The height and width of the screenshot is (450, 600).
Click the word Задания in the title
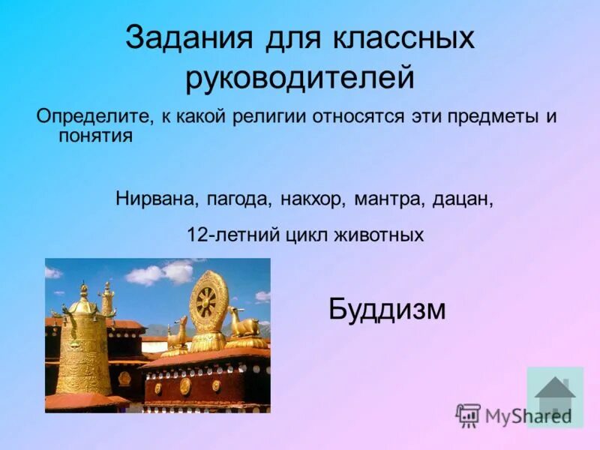(187, 38)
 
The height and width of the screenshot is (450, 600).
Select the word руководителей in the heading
(300, 77)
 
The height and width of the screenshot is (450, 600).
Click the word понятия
(95, 136)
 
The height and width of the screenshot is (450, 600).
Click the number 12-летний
(233, 235)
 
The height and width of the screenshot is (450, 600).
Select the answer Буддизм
(387, 308)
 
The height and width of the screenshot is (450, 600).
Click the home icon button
(555, 395)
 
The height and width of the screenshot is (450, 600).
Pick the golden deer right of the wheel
(244, 324)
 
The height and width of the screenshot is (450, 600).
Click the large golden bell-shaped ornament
(83, 341)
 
